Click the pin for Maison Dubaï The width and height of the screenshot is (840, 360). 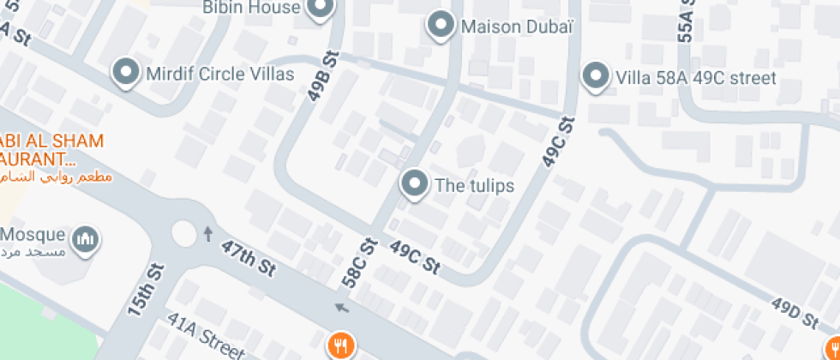click(x=441, y=25)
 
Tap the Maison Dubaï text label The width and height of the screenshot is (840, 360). click(x=516, y=27)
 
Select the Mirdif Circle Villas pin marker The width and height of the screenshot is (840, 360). click(x=127, y=73)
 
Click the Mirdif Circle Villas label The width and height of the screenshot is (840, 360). click(x=220, y=74)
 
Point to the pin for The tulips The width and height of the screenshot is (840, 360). click(x=415, y=183)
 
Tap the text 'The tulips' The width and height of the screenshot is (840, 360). click(x=474, y=185)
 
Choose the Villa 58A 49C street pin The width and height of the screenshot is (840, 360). click(x=594, y=77)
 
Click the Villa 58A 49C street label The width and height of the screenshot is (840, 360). click(x=695, y=79)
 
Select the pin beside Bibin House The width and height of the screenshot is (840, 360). click(x=321, y=9)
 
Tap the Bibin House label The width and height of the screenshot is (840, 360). click(x=251, y=8)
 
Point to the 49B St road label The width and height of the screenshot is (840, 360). click(x=322, y=78)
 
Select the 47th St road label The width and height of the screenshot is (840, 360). click(x=248, y=257)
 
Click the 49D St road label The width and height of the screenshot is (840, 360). click(x=794, y=313)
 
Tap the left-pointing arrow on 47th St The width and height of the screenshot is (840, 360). click(x=342, y=308)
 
